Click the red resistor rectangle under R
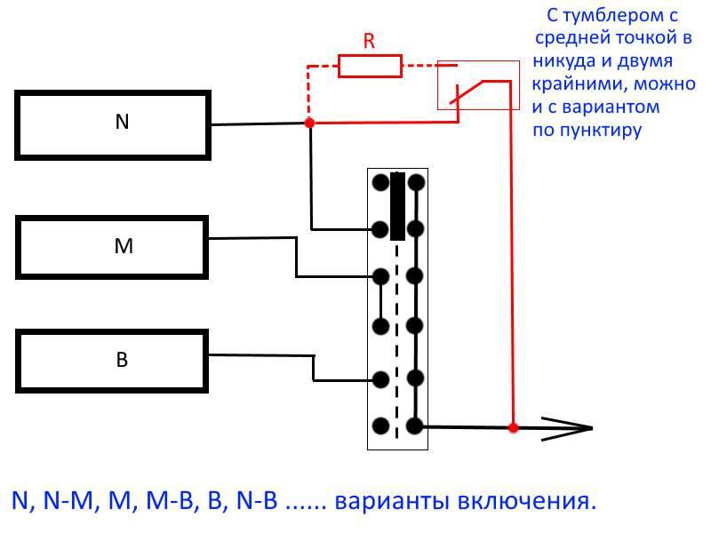(x=369, y=65)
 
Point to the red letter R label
(x=370, y=40)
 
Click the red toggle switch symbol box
(x=477, y=85)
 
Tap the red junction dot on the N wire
(x=309, y=123)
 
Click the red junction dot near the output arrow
(x=513, y=427)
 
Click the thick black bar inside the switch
(x=397, y=207)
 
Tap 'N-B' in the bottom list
(x=258, y=500)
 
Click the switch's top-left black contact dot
(x=380, y=183)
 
